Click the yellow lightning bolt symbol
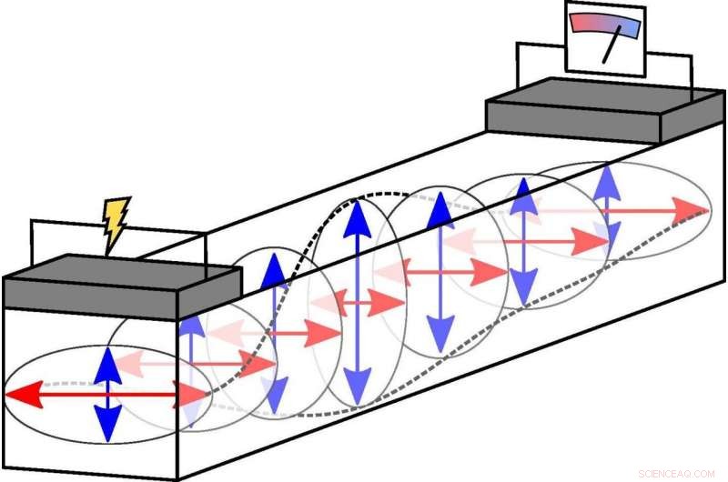[x=116, y=223]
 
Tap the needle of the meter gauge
[x=612, y=44]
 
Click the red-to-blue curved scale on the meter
[x=605, y=24]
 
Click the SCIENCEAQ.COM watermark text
[x=676, y=474]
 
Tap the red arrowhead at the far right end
[x=691, y=211]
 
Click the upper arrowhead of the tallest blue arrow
[x=357, y=219]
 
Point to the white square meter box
[x=605, y=39]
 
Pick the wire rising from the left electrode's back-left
[x=31, y=242]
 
